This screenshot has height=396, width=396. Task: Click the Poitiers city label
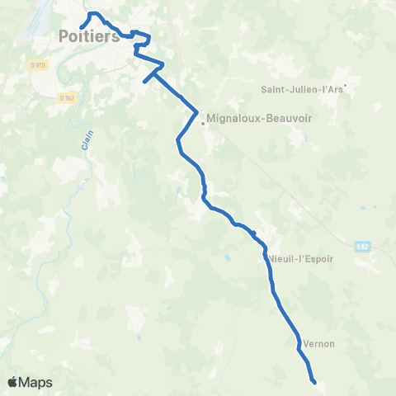click(90, 35)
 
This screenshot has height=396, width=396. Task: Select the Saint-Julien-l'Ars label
click(302, 88)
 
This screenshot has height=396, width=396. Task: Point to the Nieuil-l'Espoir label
click(301, 258)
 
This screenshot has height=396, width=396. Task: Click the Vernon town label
click(319, 344)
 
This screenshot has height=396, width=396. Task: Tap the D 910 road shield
click(35, 64)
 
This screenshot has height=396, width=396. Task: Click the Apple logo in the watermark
click(13, 382)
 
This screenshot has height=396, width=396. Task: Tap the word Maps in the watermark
click(36, 382)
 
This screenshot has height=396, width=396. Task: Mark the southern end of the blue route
click(314, 381)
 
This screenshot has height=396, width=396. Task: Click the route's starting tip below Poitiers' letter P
click(81, 28)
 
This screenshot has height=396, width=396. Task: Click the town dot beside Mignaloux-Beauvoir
click(202, 125)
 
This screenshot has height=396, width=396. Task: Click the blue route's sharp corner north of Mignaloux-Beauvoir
click(197, 111)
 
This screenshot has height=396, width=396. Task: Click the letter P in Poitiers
click(65, 35)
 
